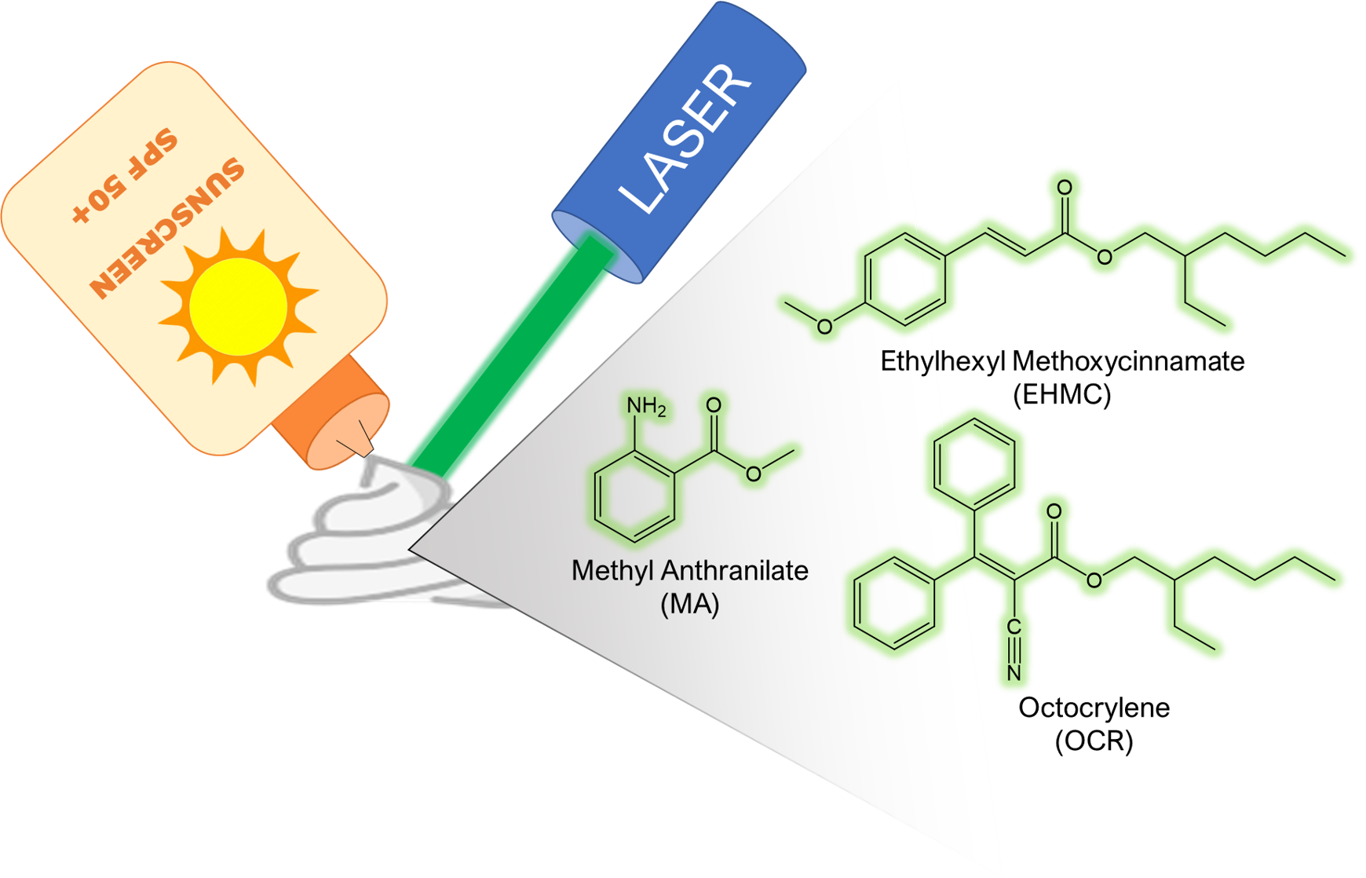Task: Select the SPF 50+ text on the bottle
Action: pos(126,177)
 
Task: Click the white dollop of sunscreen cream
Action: pos(369,534)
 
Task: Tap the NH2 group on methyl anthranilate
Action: pos(645,408)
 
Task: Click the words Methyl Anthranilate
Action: pos(689,570)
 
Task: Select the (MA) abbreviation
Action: pos(689,605)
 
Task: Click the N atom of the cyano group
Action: pos(1014,673)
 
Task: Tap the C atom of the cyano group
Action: pos(1014,628)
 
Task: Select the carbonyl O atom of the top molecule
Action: pos(1065,188)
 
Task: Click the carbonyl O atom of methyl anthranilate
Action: pos(714,404)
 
